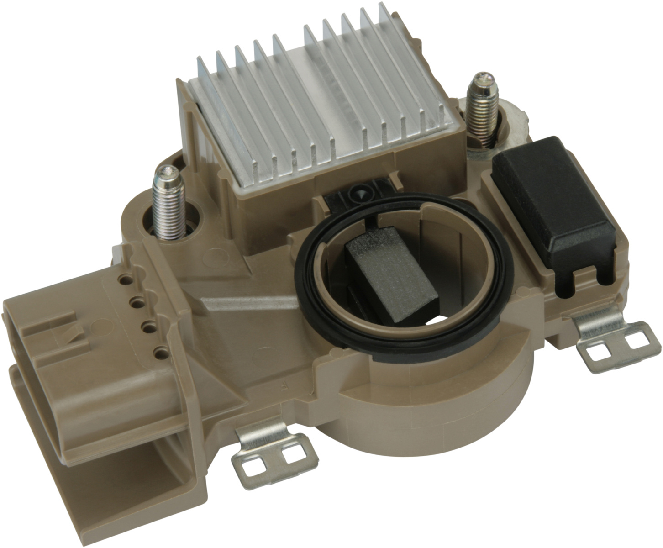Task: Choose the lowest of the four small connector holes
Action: tap(159, 353)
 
